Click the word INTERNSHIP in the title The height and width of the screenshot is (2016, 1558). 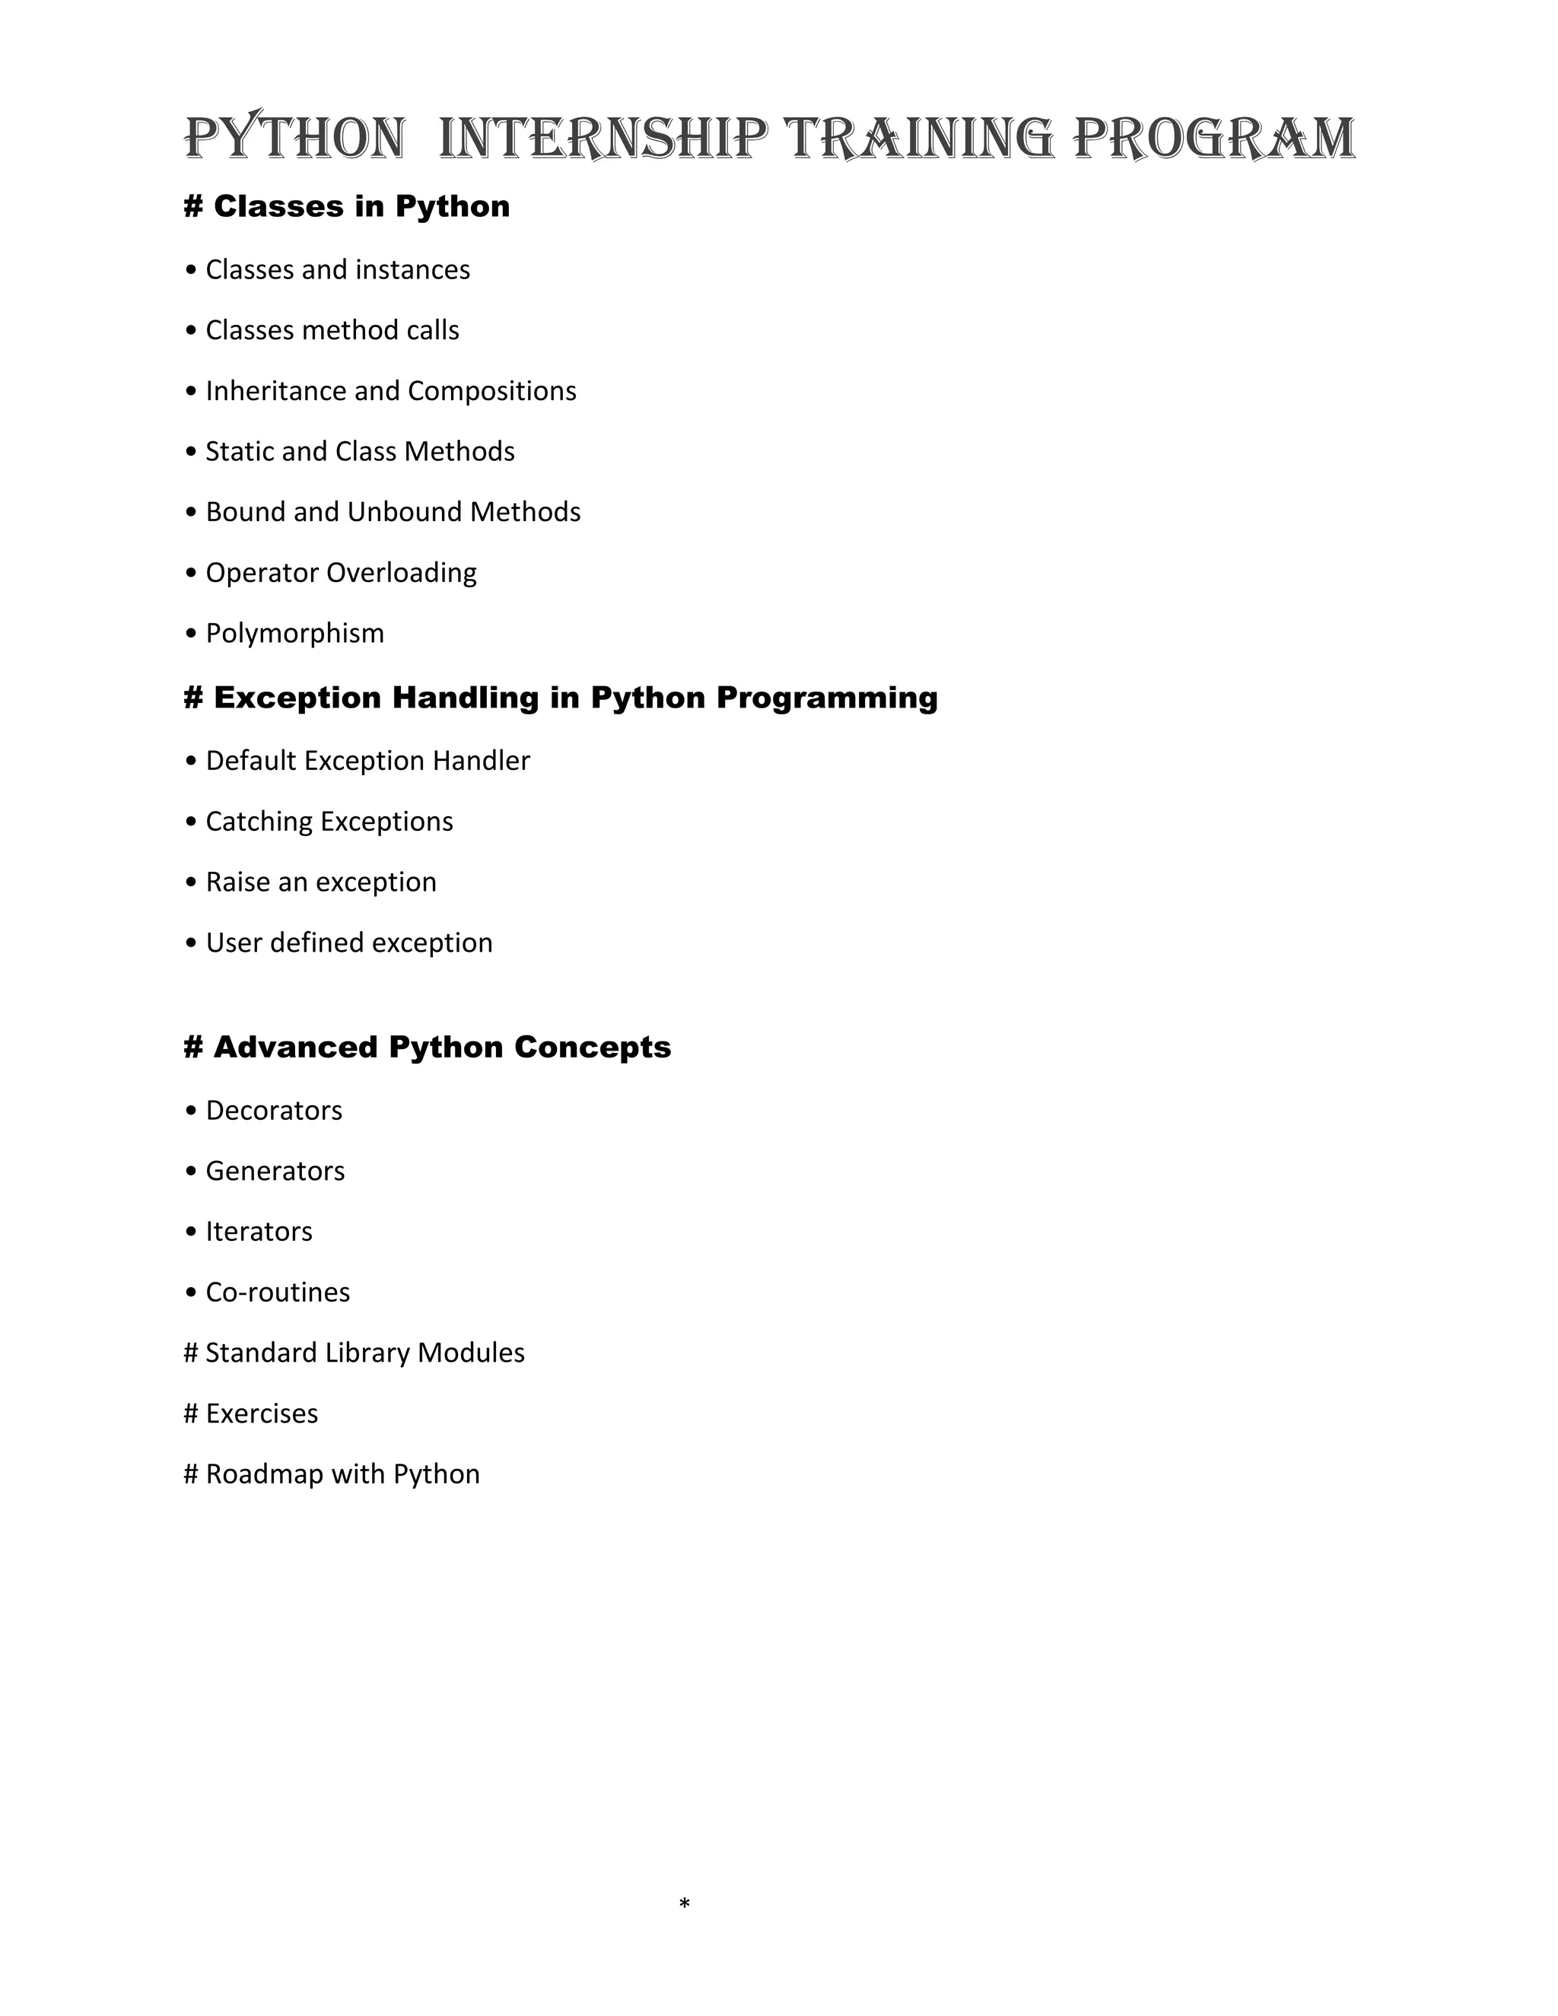[603, 138]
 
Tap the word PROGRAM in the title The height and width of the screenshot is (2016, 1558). [1215, 138]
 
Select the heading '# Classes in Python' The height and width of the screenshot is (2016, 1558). [347, 206]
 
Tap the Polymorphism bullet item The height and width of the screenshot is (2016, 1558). [294, 633]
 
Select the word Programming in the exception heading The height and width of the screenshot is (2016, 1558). [826, 697]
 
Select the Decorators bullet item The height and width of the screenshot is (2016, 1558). [273, 1111]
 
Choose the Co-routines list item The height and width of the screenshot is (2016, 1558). [278, 1293]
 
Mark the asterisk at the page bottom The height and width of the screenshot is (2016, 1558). [684, 1903]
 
